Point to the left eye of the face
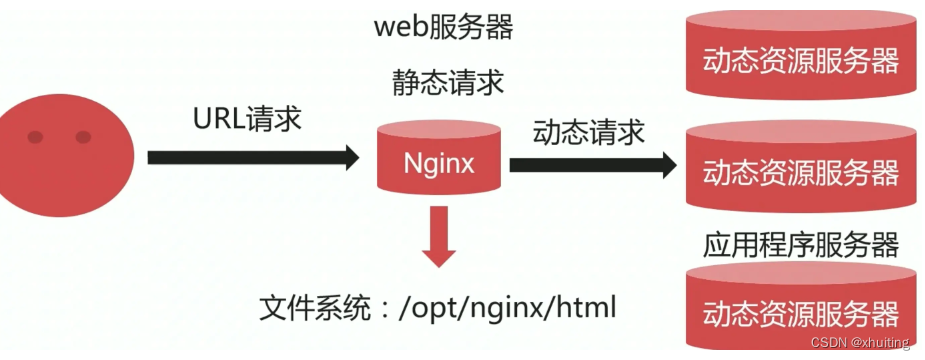pyautogui.click(x=37, y=137)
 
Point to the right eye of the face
pyautogui.click(x=83, y=137)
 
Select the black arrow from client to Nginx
pyautogui.click(x=250, y=157)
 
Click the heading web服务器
pyautogui.click(x=444, y=27)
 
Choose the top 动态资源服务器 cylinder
pyautogui.click(x=800, y=55)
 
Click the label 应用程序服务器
pyautogui.click(x=800, y=243)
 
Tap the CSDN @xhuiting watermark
pyautogui.click(x=860, y=343)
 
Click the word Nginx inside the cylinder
pyautogui.click(x=438, y=163)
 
